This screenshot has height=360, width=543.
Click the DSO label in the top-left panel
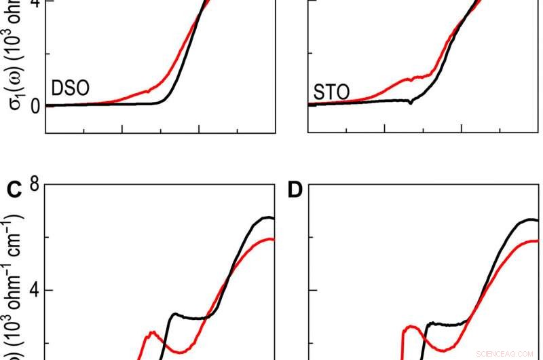pos(71,89)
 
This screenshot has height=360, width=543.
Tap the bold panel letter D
pos(295,190)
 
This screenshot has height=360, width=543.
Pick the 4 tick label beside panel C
pos(31,291)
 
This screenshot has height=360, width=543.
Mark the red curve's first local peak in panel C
pos(153,332)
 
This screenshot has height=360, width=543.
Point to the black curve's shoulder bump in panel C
pos(175,314)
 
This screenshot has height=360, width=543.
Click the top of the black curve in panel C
pos(268,217)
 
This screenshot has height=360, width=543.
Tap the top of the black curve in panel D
pos(531,219)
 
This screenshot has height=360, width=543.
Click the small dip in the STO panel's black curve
pos(411,103)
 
